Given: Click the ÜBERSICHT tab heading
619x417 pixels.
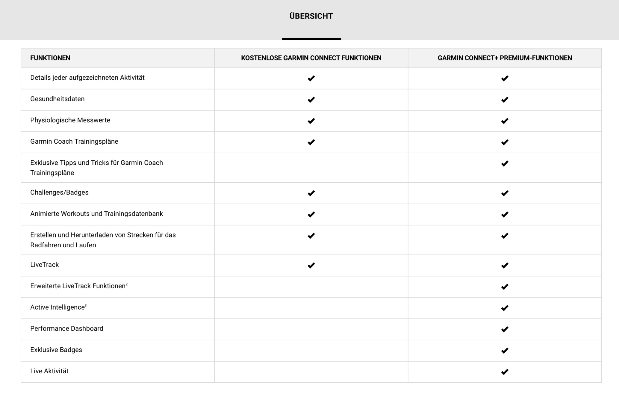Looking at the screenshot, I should [311, 16].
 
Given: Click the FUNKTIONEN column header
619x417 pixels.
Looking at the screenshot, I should [50, 58].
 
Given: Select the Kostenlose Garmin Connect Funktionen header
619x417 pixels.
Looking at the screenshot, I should [311, 58].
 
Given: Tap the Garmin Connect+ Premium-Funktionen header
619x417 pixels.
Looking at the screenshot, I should [504, 58].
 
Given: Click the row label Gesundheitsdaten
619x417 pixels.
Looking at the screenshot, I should [57, 99].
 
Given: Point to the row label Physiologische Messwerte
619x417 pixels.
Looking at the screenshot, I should [70, 120].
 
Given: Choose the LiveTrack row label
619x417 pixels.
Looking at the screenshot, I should [44, 265].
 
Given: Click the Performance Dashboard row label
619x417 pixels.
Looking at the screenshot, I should [67, 328].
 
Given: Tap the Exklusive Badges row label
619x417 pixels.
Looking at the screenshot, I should [56, 350].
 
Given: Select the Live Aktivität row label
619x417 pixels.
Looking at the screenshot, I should [49, 371].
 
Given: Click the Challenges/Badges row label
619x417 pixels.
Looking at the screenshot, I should [59, 193].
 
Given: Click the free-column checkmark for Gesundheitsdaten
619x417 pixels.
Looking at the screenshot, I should [311, 100].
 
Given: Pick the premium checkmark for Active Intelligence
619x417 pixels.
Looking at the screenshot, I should [504, 308].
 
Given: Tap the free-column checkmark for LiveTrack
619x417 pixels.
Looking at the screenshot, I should [311, 265].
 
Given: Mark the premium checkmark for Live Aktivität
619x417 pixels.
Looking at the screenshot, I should [504, 372].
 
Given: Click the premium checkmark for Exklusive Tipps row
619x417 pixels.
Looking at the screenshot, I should [504, 163].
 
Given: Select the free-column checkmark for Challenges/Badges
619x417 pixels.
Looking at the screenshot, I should [311, 193].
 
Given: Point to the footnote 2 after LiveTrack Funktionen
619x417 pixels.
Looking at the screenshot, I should [127, 284].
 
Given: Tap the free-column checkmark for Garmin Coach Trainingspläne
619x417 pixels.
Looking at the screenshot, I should [311, 142].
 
